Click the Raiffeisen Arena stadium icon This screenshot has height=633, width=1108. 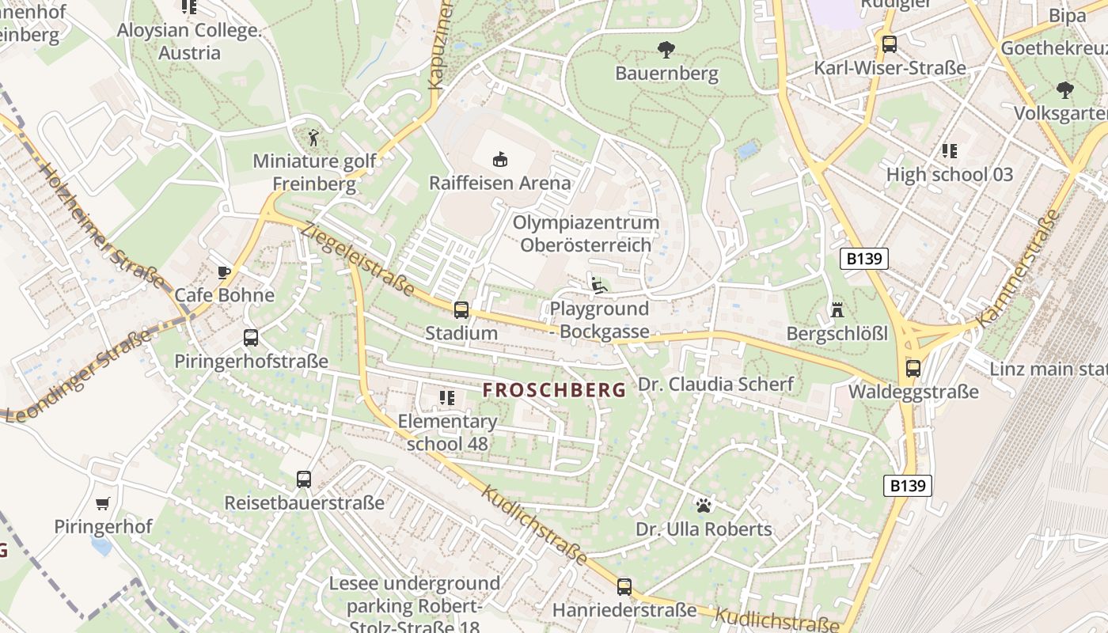pyautogui.click(x=499, y=160)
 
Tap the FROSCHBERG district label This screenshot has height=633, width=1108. pyautogui.click(x=554, y=389)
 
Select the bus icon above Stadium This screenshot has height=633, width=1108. pyautogui.click(x=461, y=310)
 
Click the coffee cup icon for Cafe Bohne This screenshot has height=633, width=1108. pyautogui.click(x=224, y=273)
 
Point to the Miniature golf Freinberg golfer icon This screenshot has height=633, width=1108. pyautogui.click(x=313, y=137)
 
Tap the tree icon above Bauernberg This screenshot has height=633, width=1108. pyautogui.click(x=666, y=50)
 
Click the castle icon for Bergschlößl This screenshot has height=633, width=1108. pyautogui.click(x=837, y=309)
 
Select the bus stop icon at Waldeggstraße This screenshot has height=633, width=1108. pyautogui.click(x=913, y=369)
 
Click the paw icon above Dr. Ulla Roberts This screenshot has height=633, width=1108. pyautogui.click(x=704, y=505)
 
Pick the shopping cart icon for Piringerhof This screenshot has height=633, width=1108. pyautogui.click(x=103, y=503)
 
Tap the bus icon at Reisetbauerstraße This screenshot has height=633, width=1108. pyautogui.click(x=304, y=479)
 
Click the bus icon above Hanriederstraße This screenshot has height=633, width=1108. pyautogui.click(x=624, y=587)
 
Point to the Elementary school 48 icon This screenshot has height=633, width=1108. pyautogui.click(x=447, y=398)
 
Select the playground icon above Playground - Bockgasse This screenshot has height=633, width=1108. pyautogui.click(x=599, y=286)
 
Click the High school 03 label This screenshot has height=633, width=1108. pyautogui.click(x=949, y=174)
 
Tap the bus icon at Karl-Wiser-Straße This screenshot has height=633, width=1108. pyautogui.click(x=890, y=44)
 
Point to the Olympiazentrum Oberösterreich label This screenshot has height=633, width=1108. pyautogui.click(x=586, y=233)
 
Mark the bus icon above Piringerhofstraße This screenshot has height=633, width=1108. pyautogui.click(x=251, y=339)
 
